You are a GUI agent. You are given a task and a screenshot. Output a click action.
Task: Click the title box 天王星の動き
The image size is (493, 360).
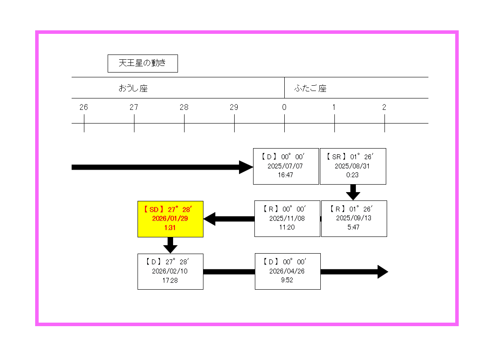pyautogui.click(x=142, y=63)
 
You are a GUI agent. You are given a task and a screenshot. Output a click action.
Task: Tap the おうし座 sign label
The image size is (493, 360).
pyautogui.click(x=133, y=88)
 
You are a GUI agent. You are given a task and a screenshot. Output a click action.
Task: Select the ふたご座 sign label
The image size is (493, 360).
pyautogui.click(x=310, y=88)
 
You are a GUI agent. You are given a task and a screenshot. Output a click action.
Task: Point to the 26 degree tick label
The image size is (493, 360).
pyautogui.click(x=84, y=107)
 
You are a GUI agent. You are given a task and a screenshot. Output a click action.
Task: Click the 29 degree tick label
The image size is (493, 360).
pyautogui.click(x=234, y=107)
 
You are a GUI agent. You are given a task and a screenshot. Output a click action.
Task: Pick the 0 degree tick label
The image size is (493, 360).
pyautogui.click(x=284, y=107)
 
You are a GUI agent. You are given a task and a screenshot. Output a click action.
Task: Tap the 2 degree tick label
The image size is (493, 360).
pyautogui.click(x=384, y=107)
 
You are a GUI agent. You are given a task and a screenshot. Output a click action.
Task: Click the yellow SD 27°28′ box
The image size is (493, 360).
pyautogui.click(x=170, y=218)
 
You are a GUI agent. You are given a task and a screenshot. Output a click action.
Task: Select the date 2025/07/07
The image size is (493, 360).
pyautogui.click(x=285, y=166)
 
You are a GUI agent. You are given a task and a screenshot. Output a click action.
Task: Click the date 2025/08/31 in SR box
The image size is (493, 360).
pyautogui.click(x=352, y=166)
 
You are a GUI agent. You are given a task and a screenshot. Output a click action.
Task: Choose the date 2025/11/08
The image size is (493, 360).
pyautogui.click(x=287, y=218)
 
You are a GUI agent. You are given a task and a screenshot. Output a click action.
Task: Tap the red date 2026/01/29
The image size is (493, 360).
pyautogui.click(x=170, y=218)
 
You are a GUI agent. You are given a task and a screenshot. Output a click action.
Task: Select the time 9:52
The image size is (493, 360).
pyautogui.click(x=287, y=280)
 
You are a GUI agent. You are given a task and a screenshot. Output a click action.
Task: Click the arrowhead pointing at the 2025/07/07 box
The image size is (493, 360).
pyautogui.click(x=246, y=167)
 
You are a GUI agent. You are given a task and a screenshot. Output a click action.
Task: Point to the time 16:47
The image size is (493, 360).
pyautogui.click(x=285, y=175)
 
